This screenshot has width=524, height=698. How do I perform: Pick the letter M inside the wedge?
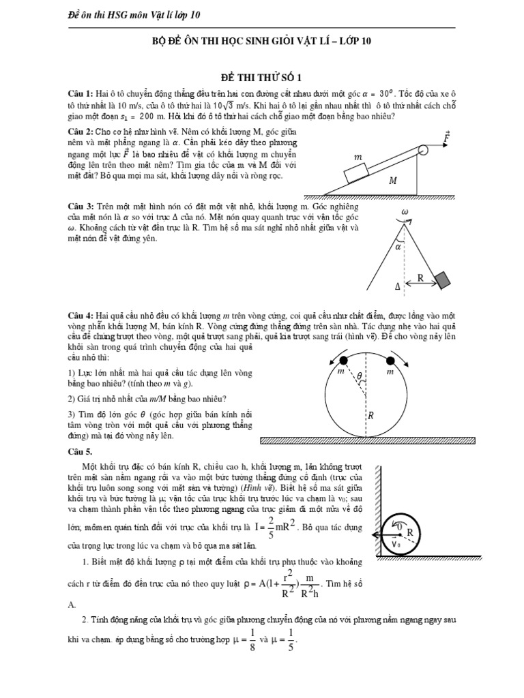click(x=393, y=182)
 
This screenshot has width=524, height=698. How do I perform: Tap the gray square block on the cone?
click(x=443, y=279)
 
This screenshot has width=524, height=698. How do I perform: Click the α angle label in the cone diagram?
click(x=398, y=247)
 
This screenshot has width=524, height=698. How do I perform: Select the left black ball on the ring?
click(x=345, y=360)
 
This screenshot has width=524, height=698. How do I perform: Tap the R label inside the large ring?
click(x=370, y=414)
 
